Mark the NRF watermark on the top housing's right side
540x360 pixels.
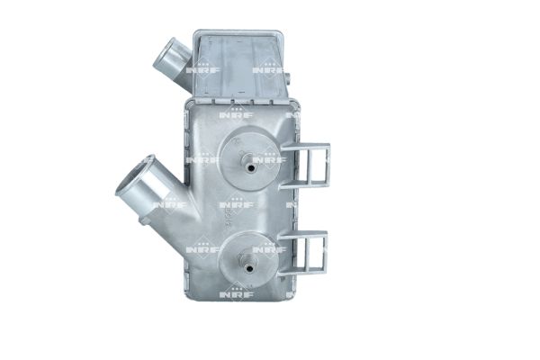click(268, 69)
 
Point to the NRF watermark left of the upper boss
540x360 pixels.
click(203, 160)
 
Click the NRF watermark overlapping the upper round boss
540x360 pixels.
click(268, 160)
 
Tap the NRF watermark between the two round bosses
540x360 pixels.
click(236, 205)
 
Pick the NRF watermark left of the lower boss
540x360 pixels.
click(203, 249)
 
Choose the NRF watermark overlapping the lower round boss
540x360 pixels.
click(268, 249)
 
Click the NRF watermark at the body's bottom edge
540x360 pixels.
click(236, 293)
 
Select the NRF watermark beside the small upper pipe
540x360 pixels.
click(202, 69)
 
